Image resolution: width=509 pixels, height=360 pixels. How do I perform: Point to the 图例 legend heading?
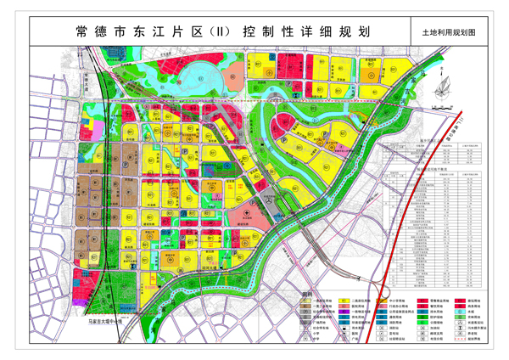click(294, 294)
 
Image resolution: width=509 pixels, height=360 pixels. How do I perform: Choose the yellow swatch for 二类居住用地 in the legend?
click(345, 301)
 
